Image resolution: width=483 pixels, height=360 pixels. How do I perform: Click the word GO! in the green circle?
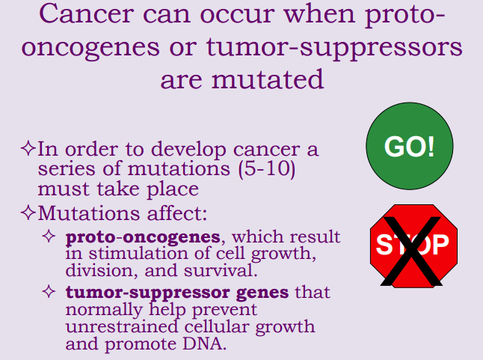(x=409, y=146)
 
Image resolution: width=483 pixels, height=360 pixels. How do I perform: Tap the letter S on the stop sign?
(x=384, y=244)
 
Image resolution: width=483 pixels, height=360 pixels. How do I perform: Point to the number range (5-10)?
(x=264, y=168)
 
